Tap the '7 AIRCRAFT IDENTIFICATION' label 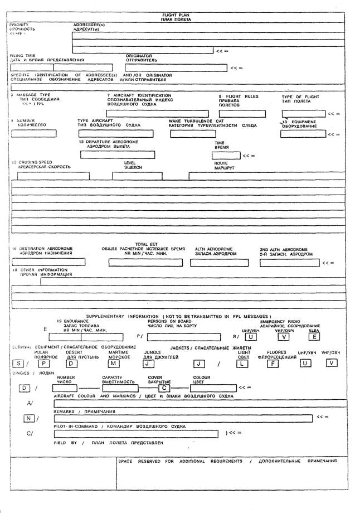[139, 95]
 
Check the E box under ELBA [315, 336]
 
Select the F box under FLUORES [288, 364]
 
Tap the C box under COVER [165, 388]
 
